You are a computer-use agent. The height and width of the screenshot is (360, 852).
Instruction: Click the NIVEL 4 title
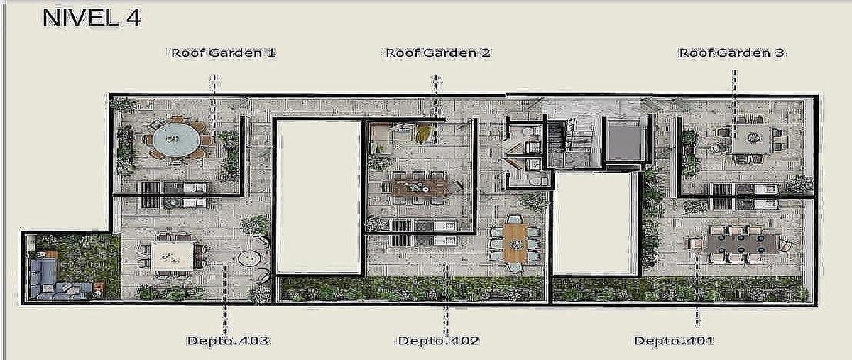92,18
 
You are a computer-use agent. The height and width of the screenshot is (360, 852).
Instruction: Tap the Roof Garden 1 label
223,53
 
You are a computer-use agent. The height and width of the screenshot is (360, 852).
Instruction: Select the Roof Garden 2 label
438,53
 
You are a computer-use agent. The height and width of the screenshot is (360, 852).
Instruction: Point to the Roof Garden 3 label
732,53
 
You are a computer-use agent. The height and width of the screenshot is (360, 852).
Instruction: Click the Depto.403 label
227,340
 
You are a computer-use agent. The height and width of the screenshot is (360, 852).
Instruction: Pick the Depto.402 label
439,340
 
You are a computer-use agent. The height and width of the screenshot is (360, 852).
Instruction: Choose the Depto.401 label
674,340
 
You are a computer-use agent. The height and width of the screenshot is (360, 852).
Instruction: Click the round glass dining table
177,139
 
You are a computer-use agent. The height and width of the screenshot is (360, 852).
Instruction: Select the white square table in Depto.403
173,256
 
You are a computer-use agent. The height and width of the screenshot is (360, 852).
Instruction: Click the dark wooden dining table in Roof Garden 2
420,187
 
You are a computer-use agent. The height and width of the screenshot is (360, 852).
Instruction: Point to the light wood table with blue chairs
515,243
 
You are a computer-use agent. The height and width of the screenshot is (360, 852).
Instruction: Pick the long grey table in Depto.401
741,244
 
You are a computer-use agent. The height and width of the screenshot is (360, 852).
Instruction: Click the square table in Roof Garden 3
753,139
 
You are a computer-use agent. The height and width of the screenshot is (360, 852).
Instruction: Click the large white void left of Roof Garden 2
319,197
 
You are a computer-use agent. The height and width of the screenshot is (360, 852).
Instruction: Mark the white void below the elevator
595,223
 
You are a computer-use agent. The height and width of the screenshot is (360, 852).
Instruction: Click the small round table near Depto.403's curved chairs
249,258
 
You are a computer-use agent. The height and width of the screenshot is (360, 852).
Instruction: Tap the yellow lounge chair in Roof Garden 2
423,133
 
